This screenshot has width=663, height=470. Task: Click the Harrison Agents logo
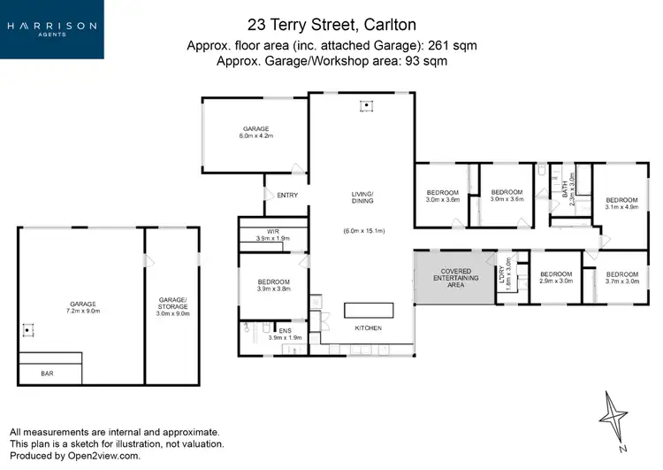51,28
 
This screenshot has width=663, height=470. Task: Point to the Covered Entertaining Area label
455,277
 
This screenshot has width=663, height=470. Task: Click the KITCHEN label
369,328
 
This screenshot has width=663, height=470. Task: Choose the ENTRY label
287,196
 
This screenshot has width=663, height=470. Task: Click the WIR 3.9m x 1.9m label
272,235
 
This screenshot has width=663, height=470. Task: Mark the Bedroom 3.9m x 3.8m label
272,285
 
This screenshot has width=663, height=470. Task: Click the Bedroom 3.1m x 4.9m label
621,204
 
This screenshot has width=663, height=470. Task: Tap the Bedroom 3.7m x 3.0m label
621,278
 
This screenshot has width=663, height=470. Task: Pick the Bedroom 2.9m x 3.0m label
557,278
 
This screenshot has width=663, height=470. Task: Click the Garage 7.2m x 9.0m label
80,307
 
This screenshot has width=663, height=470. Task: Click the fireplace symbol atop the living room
366,107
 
